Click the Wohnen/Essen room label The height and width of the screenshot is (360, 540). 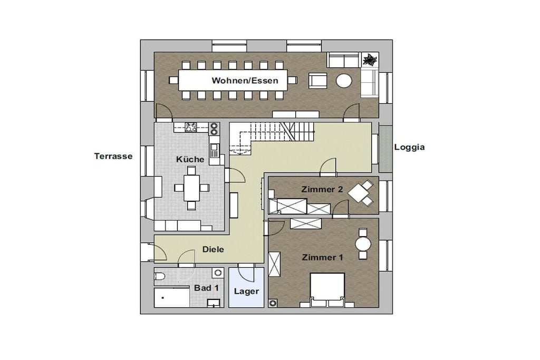[x=245, y=81]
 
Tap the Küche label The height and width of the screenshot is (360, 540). [x=190, y=159]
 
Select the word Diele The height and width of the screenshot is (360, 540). [x=213, y=249]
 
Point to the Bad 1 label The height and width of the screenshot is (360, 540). [x=206, y=288]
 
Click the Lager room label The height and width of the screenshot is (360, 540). [x=246, y=291]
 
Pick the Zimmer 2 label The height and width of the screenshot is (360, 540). [x=322, y=189]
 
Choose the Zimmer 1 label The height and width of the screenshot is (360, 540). [x=322, y=257]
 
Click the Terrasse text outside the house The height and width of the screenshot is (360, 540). [x=113, y=156]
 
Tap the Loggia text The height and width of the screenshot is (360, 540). [x=409, y=147]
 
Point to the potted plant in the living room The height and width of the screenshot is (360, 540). [x=370, y=60]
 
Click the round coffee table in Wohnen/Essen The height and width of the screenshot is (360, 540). [x=344, y=81]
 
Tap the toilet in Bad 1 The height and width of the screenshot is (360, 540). [x=159, y=277]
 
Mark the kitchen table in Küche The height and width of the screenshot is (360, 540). [x=191, y=188]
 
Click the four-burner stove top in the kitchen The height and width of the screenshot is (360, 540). [x=190, y=127]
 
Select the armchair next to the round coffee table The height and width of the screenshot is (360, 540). [x=317, y=81]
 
